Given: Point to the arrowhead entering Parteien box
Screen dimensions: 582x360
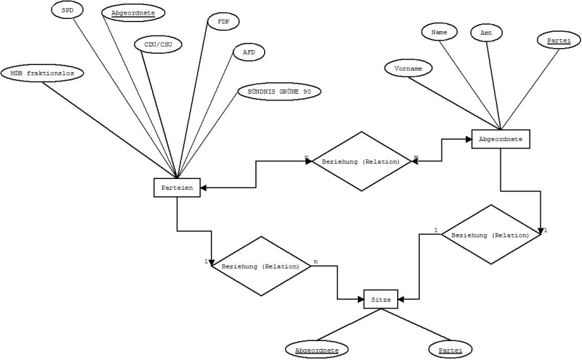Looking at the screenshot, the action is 204,188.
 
